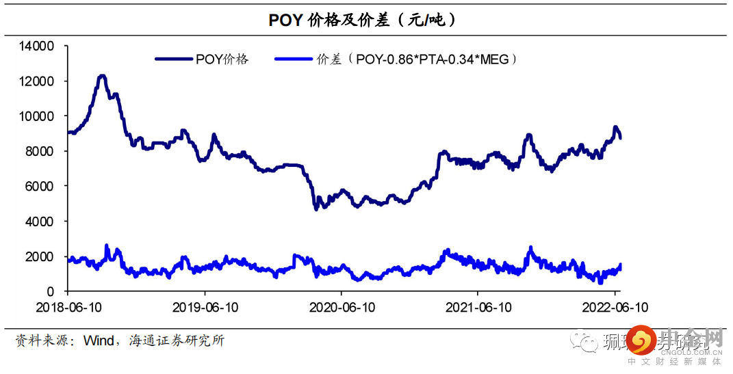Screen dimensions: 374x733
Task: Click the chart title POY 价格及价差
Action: pyautogui.click(x=363, y=21)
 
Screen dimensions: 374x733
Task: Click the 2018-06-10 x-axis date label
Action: pyautogui.click(x=68, y=308)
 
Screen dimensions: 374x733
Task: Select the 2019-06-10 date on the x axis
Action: pyautogui.click(x=205, y=308)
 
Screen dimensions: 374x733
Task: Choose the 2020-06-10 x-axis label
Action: pyautogui.click(x=342, y=308)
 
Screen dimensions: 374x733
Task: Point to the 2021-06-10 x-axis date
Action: pyautogui.click(x=478, y=308)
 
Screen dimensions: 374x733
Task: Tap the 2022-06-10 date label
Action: pyautogui.click(x=615, y=308)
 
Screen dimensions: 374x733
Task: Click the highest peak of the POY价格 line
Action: pyautogui.click(x=102, y=76)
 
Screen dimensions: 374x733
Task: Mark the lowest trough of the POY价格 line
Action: pyautogui.click(x=316, y=209)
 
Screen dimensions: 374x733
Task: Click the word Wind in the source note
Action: pyautogui.click(x=97, y=340)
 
